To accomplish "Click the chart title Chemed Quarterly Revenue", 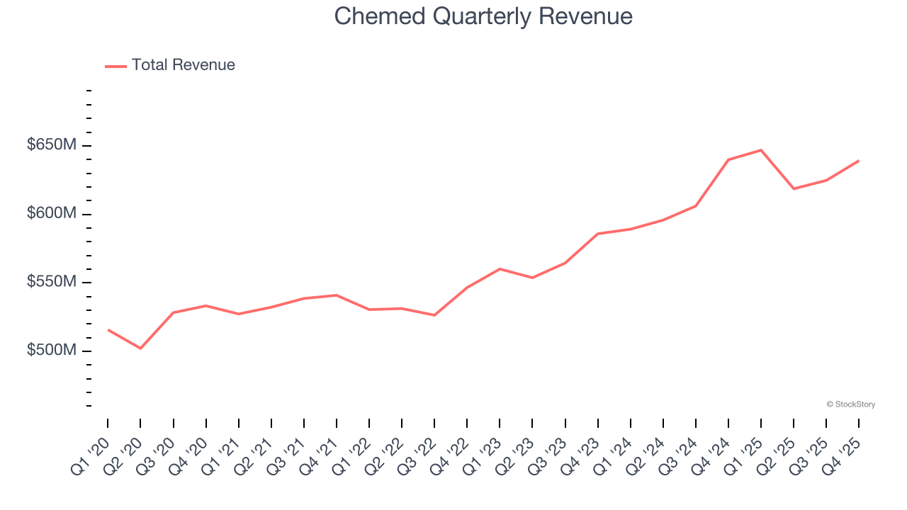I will (x=483, y=16).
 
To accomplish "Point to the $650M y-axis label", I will (x=52, y=145).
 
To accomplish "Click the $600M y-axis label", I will (x=52, y=214).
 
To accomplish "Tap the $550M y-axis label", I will (x=52, y=282).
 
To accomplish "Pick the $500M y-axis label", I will (x=52, y=351).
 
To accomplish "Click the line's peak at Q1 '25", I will (x=760, y=150).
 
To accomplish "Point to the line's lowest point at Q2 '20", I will (x=140, y=348).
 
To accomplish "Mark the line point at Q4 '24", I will (x=728, y=160).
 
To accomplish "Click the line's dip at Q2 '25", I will (x=793, y=188).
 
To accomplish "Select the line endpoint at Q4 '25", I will (x=858, y=161).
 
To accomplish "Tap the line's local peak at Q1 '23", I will (x=500, y=269).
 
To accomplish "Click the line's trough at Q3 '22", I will (x=434, y=315).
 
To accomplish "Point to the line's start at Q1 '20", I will (x=108, y=329).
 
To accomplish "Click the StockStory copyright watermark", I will (x=850, y=404).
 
